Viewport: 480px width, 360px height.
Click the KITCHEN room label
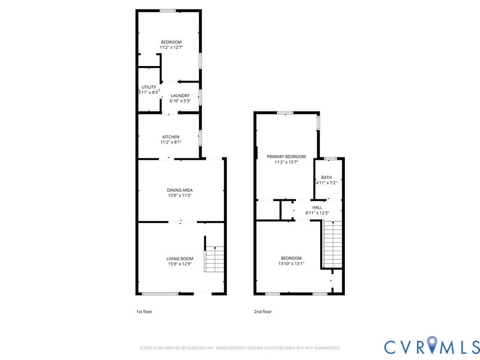click(171, 137)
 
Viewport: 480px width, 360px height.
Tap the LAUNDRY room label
click(180, 96)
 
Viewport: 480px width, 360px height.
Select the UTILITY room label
click(149, 87)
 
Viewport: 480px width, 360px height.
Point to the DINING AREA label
click(180, 190)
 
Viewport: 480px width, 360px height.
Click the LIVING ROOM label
click(180, 259)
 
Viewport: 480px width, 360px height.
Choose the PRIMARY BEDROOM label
click(286, 157)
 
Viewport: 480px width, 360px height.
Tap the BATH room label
click(326, 177)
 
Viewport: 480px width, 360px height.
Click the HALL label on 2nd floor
click(317, 208)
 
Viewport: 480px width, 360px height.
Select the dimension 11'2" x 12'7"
click(172, 47)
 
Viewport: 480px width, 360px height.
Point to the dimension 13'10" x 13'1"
click(291, 263)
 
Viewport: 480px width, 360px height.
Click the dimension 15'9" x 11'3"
click(180, 195)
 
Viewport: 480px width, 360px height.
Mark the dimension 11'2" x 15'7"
click(286, 162)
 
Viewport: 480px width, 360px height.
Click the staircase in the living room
click(215, 259)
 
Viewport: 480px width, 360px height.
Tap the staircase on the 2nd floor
click(332, 244)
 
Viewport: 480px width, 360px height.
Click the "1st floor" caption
click(144, 312)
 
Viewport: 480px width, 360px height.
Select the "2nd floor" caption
click(263, 312)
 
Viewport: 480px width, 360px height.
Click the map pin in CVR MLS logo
click(432, 344)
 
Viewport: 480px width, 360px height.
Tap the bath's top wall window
click(330, 158)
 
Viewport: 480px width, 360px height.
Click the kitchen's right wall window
click(201, 137)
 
